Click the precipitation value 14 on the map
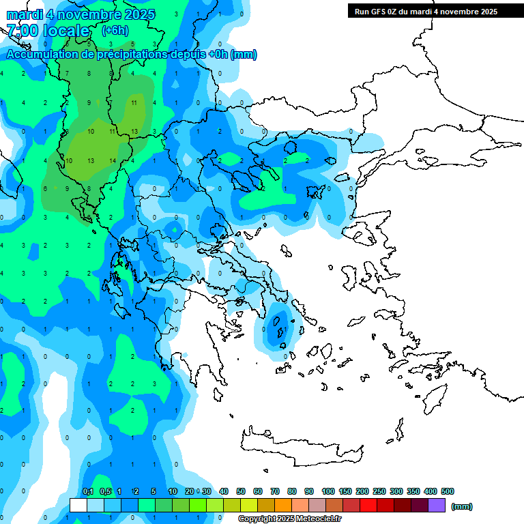point(112,160)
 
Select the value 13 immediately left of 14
point(90,160)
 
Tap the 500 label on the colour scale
point(448,491)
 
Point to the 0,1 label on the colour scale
point(88,491)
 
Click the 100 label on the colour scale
point(328,491)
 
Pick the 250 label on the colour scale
point(379,491)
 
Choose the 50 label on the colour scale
point(241,491)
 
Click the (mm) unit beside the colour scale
point(462,506)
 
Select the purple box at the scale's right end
point(437,506)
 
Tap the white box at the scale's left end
point(78,506)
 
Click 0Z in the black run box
point(402,12)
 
